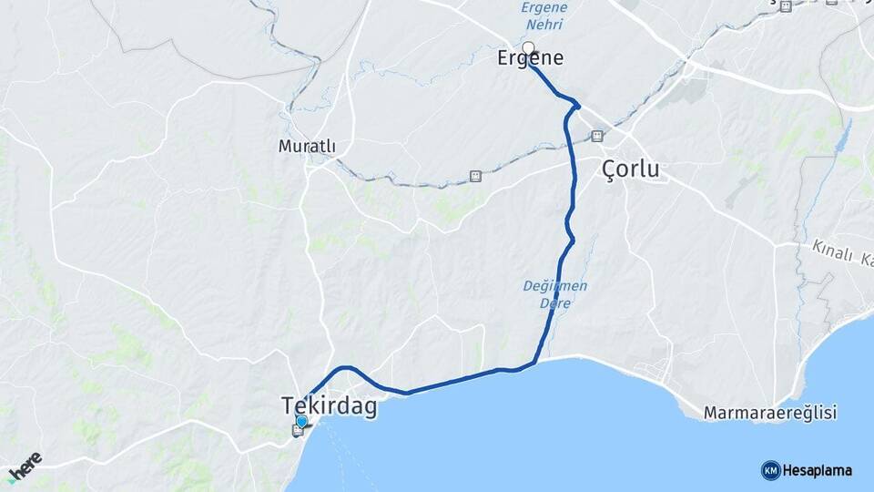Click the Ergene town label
pos(531,58)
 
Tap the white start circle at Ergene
pos(528,47)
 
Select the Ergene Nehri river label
pos(544,15)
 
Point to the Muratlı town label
pos(307,146)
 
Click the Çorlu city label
pos(631,170)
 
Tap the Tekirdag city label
pos(329,406)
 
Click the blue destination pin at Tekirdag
pos(302,421)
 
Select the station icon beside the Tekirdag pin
pos(297,430)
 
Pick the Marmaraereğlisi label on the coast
pos(769,413)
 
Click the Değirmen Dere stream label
pos(555,292)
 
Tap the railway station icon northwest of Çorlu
pos(597,136)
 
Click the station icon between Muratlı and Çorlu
pos(474,176)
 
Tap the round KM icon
pos(770,470)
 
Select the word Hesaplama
pos(818,470)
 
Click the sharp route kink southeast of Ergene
pos(576,106)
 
